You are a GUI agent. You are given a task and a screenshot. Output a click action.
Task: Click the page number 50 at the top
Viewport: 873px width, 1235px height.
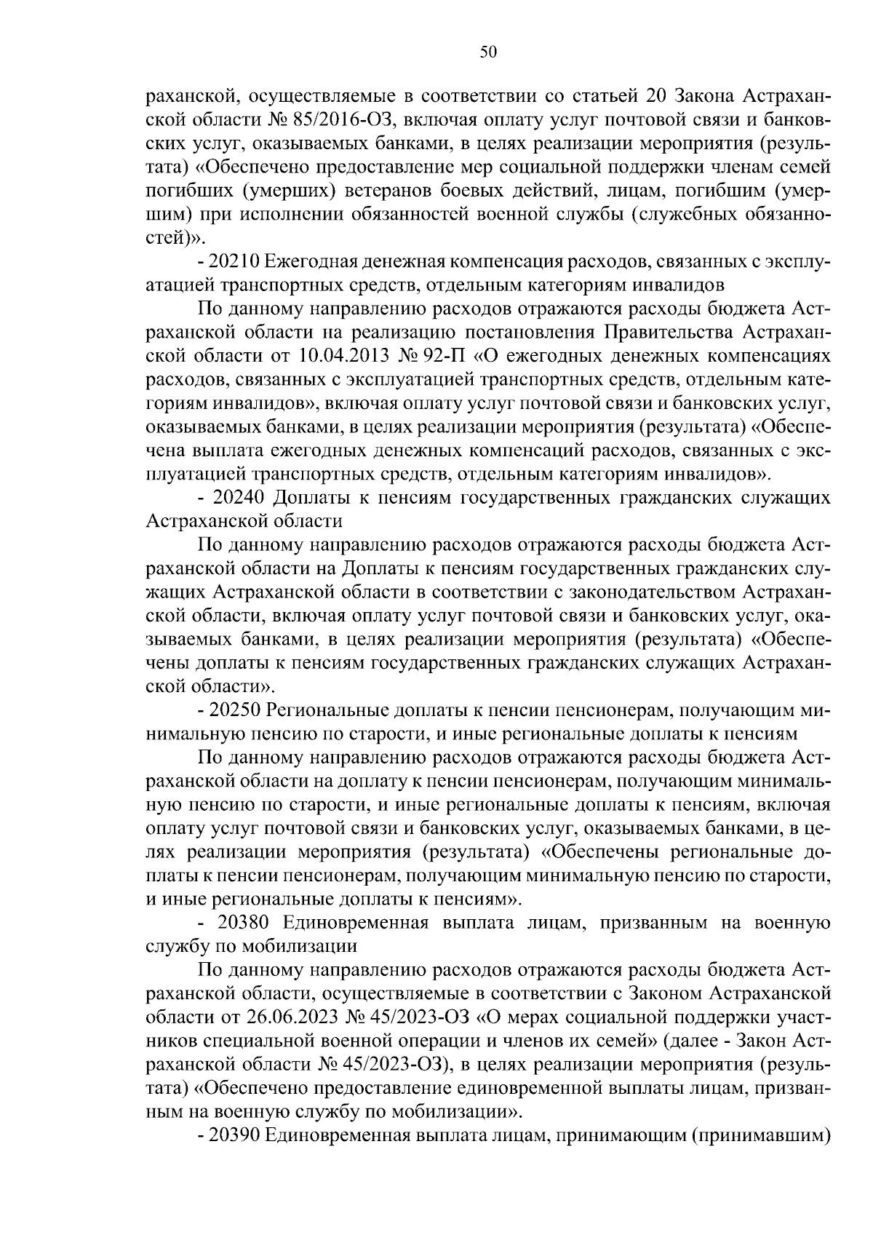click(x=488, y=52)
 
